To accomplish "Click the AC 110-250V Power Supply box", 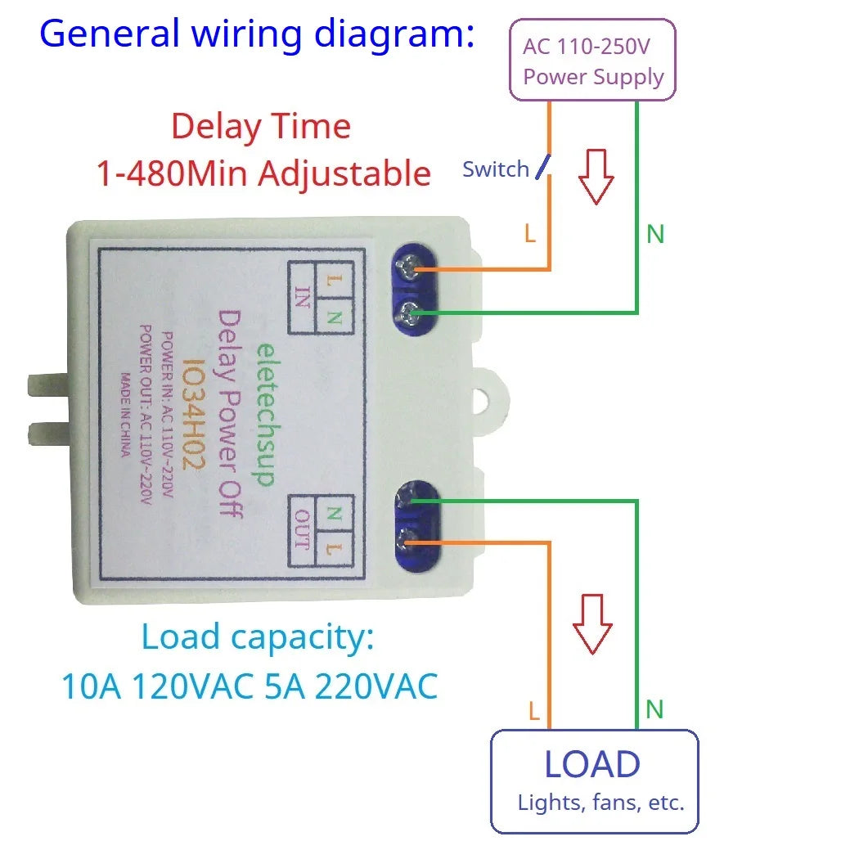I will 592,61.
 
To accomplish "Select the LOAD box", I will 594,781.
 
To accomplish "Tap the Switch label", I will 495,169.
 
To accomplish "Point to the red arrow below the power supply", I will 596,176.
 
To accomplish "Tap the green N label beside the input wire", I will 655,235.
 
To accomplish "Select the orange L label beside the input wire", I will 530,235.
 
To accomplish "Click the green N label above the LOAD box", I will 654,709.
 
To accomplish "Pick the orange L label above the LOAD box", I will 533,711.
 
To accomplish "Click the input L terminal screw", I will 407,267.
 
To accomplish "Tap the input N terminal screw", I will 411,310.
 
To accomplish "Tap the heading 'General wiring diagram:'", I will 257,34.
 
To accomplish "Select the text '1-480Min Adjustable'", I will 263,173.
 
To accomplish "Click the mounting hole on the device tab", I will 491,402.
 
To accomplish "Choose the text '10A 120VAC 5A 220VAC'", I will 250,686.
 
